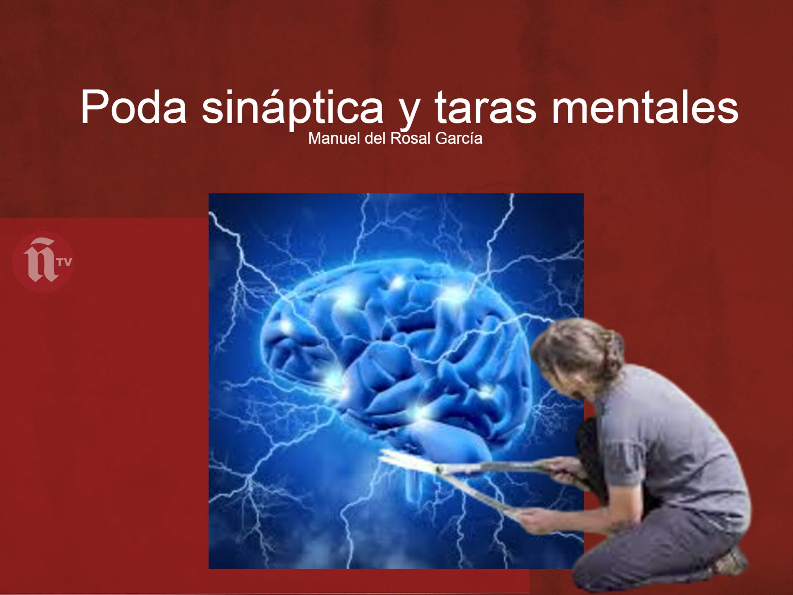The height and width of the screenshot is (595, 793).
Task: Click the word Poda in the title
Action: tap(133, 107)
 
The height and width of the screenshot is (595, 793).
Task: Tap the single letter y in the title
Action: tap(409, 112)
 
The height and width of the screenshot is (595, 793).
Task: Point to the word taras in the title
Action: tap(485, 107)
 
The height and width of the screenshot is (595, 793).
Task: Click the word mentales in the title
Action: tap(645, 107)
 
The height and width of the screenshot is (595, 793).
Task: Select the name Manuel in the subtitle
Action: tap(335, 138)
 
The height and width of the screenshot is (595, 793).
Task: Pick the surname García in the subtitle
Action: tap(458, 138)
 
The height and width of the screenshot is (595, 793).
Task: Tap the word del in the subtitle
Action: tap(375, 138)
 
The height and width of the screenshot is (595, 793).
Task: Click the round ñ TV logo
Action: tap(43, 262)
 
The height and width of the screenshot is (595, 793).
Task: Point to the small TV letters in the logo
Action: tap(64, 262)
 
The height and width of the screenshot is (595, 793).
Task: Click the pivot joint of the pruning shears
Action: tap(439, 469)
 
